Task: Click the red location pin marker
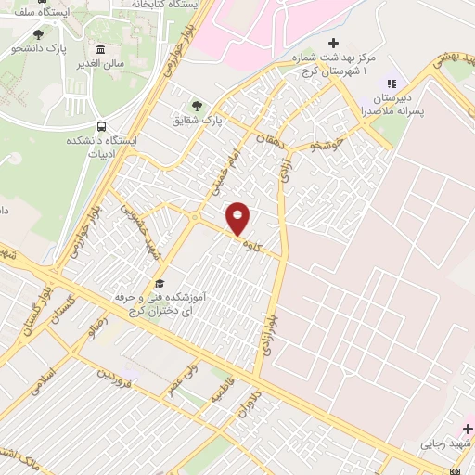tap(238, 219)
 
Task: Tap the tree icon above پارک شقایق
tap(195, 104)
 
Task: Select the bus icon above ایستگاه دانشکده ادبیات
tap(101, 127)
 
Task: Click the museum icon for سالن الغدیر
tap(100, 49)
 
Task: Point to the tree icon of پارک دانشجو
tap(38, 34)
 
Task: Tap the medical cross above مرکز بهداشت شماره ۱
tap(334, 43)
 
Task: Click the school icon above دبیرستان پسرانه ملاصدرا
tap(392, 82)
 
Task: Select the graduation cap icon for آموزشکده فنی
tap(160, 283)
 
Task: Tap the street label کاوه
tap(249, 246)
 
